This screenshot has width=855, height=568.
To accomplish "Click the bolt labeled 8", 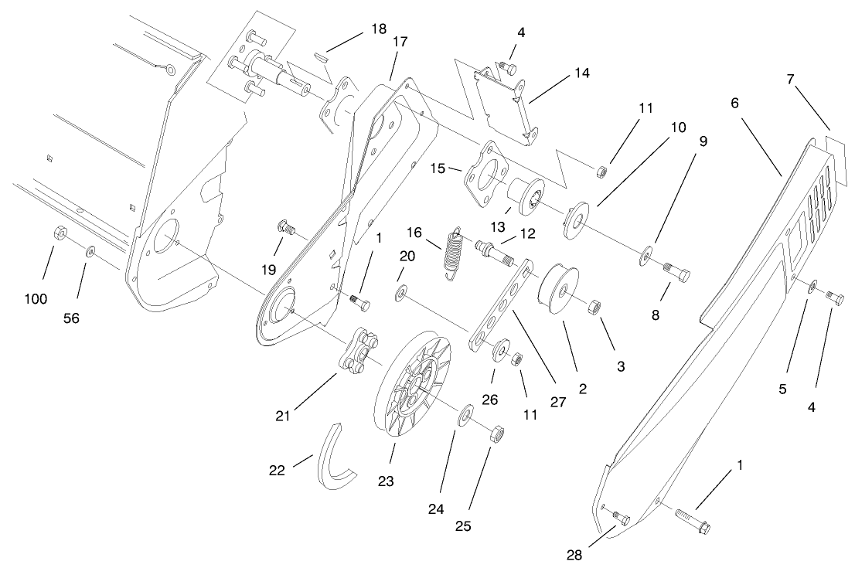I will tap(677, 272).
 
